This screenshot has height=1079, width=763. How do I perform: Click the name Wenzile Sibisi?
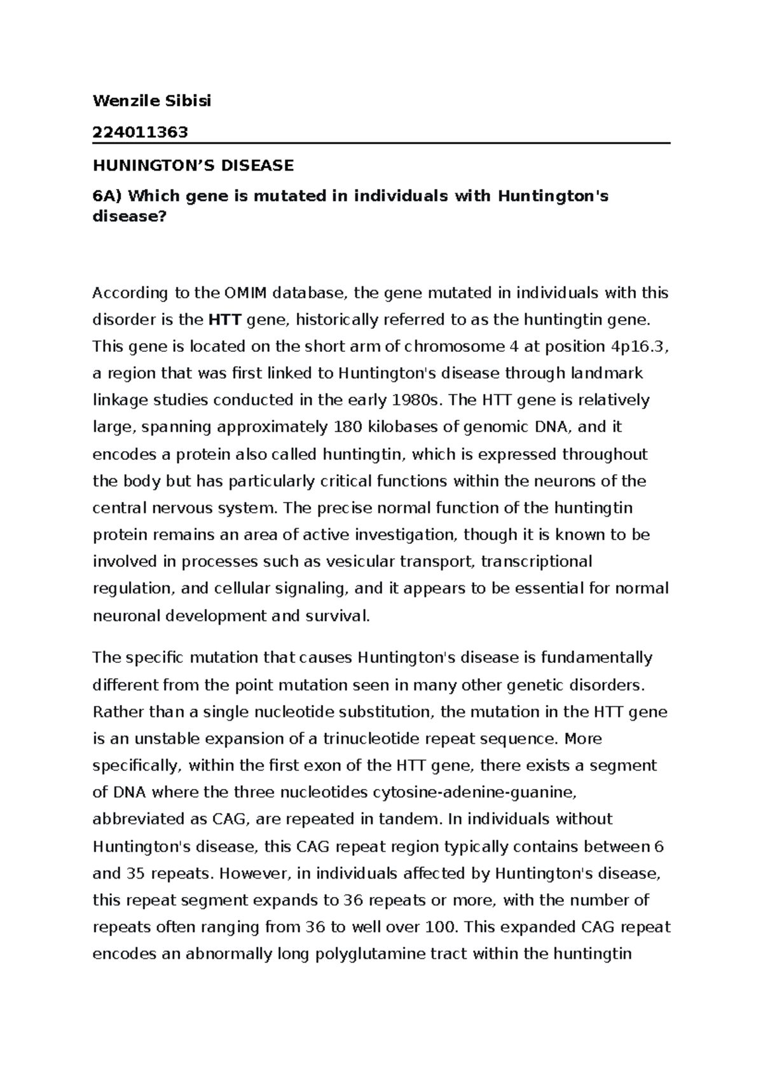(152, 101)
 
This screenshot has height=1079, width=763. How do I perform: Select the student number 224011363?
(141, 132)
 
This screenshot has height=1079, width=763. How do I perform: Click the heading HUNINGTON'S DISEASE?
(193, 166)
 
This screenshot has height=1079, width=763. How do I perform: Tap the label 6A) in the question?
(106, 197)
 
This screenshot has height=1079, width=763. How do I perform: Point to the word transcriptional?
(537, 562)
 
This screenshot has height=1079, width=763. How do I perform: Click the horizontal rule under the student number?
(381, 144)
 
